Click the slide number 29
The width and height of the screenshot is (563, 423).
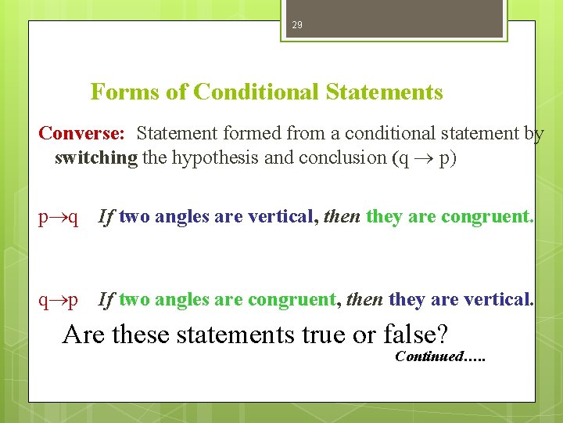(296, 25)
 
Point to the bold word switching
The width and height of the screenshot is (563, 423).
(95, 157)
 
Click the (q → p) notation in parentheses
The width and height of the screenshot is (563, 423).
(424, 157)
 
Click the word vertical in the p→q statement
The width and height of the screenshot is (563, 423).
(280, 217)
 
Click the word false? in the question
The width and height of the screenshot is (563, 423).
(415, 334)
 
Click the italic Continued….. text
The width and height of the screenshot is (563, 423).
(440, 357)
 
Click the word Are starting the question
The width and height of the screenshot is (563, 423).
(84, 334)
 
